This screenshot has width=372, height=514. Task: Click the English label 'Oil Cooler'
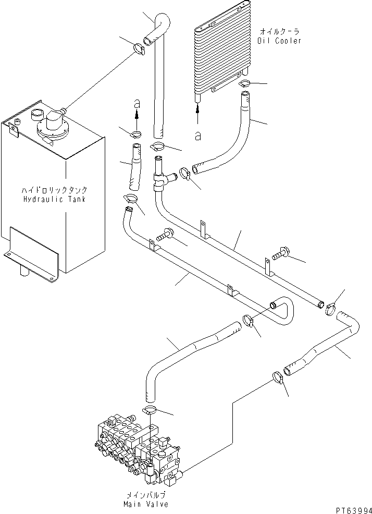pyautogui.click(x=279, y=41)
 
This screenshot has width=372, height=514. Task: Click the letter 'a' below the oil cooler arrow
pyautogui.click(x=198, y=136)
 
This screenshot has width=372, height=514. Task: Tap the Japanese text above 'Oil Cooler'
pyautogui.click(x=279, y=31)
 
